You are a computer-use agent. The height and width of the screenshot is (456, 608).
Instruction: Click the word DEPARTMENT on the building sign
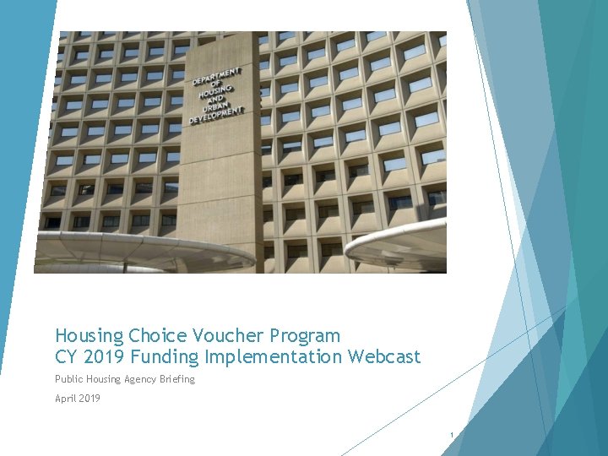click(216, 75)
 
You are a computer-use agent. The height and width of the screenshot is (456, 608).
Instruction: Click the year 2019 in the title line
click(100, 357)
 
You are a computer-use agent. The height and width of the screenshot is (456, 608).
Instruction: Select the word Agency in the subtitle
click(137, 379)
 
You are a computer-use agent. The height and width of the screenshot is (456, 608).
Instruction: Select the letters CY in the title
click(66, 357)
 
